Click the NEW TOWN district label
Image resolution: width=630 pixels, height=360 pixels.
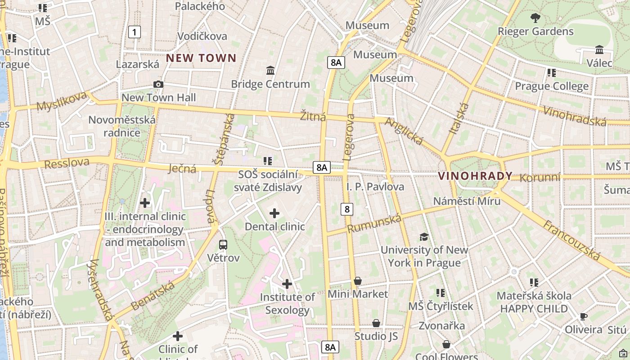tap(201, 58)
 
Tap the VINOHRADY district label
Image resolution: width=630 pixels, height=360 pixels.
tap(476, 176)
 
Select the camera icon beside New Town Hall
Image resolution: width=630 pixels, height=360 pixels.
tap(158, 84)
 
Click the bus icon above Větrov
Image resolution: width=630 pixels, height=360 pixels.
tap(223, 245)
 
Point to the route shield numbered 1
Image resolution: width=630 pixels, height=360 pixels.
tap(134, 32)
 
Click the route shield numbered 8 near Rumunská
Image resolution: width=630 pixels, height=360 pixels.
tap(346, 209)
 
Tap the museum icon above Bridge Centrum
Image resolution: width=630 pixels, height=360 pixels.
tap(270, 70)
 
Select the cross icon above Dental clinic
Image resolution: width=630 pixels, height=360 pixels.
tap(274, 213)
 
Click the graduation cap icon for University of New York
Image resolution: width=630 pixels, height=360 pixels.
tap(424, 237)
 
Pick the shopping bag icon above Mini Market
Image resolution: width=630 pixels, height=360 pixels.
tap(358, 281)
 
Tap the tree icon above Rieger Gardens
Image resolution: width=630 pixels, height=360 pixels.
tap(535, 18)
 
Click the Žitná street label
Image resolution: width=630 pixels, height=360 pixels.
tap(313, 117)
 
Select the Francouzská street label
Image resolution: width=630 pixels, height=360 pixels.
tap(571, 240)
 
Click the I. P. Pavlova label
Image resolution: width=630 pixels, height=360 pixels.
tap(375, 186)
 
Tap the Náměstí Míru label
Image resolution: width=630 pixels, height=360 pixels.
tap(467, 201)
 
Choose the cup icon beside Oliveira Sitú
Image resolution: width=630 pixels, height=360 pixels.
tap(584, 316)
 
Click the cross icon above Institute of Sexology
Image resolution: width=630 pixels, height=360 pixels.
tap(287, 284)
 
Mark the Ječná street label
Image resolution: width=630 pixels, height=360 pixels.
tap(182, 169)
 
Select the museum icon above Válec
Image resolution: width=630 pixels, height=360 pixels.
tap(599, 49)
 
